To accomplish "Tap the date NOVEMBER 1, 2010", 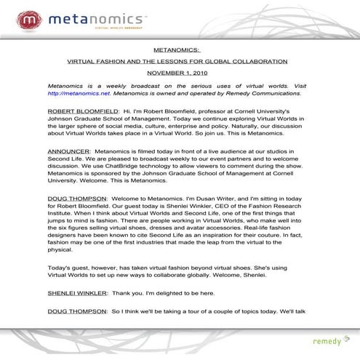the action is [179, 73].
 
